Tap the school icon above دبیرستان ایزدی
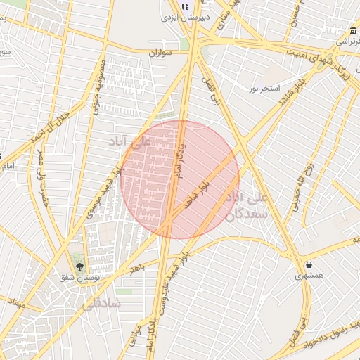click(186, 7)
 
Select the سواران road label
click(161, 53)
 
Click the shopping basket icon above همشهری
click(309, 265)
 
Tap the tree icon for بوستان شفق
click(78, 266)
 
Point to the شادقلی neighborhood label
click(102, 304)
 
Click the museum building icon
click(352, 31)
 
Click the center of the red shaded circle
click(180, 179)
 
